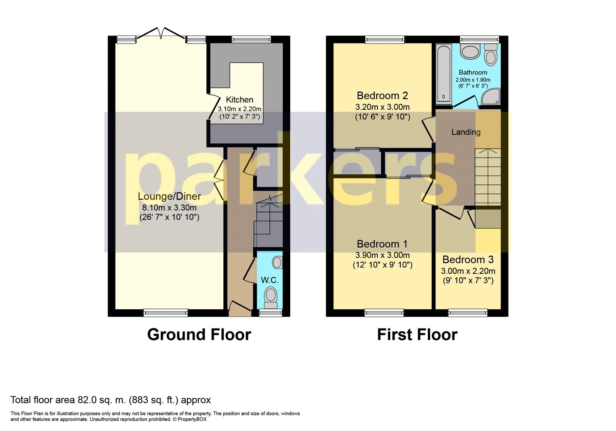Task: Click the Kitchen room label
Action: point(239,100)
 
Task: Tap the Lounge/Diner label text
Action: point(169,196)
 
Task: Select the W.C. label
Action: point(269,280)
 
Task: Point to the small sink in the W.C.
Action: point(277,262)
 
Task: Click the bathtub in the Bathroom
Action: point(444,73)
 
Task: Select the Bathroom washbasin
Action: point(470,52)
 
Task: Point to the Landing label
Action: point(466,132)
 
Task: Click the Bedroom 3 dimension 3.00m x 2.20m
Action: point(468,271)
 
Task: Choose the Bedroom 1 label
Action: point(382,244)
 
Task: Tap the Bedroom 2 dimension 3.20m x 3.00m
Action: point(382,107)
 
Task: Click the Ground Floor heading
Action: point(199,335)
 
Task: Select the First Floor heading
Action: point(417,335)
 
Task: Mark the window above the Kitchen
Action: point(251,39)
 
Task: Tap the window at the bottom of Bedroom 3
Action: point(468,313)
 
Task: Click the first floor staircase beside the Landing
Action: point(488,177)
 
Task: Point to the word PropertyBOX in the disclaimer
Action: point(192,419)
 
